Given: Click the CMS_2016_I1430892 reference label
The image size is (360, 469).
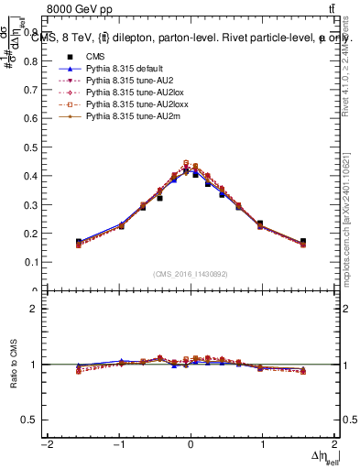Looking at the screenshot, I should point(191,274).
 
